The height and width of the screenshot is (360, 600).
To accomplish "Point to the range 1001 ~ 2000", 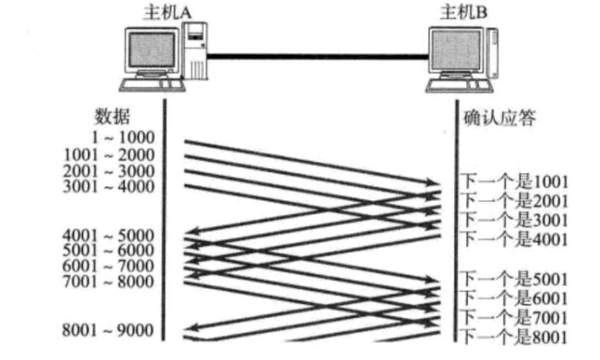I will tap(109, 155).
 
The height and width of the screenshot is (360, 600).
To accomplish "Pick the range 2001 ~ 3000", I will tap(109, 170).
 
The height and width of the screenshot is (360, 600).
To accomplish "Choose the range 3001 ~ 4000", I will tap(109, 185).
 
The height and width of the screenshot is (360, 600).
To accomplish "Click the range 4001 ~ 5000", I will tap(109, 235).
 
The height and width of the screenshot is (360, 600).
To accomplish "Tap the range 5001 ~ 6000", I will tap(109, 251).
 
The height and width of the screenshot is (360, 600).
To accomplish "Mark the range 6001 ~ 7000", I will tap(109, 266).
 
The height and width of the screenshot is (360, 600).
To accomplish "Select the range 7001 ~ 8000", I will tap(109, 282).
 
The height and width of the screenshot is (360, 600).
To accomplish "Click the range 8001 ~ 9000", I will tap(109, 331).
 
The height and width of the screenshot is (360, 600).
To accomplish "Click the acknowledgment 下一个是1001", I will tap(514, 181).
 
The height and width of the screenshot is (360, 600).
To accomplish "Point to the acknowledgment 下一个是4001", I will tap(514, 238).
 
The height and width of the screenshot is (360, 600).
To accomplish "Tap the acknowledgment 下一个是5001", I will tap(514, 279).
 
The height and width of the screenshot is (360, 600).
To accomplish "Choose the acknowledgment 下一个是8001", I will tap(514, 337).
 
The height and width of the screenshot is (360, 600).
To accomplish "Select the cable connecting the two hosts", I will tap(315, 54).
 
